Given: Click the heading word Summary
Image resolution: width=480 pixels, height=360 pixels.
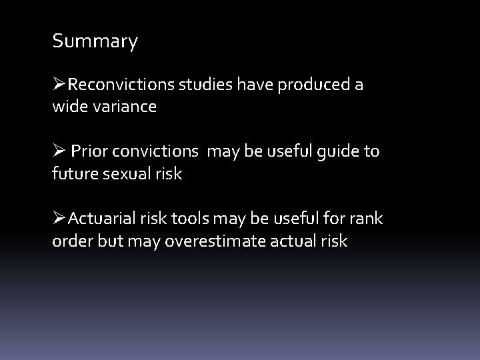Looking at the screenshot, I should (95, 42).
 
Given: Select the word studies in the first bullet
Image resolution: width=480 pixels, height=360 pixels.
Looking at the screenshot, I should (199, 85).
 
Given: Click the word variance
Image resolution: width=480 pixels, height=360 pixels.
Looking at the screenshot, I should (125, 107).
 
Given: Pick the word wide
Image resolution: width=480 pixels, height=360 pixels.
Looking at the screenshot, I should (68, 107).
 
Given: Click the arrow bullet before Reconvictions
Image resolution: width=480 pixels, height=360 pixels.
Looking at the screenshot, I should (59, 85).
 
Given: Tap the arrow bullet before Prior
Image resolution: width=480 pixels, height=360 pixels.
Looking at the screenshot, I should (59, 151).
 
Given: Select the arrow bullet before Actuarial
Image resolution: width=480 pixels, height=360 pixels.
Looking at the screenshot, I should (59, 218).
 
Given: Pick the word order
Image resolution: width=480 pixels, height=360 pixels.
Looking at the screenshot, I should (72, 241).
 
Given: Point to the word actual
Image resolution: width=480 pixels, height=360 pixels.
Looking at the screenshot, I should (293, 241).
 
